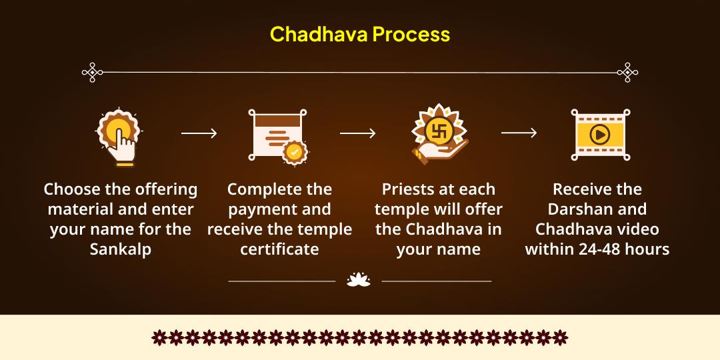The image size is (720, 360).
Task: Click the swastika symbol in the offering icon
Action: [439, 128]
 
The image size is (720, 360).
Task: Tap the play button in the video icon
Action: [599, 134]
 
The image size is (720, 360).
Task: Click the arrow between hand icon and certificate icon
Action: [199, 133]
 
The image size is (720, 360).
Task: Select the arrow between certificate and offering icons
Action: [357, 133]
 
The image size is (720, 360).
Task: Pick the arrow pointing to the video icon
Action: [519, 133]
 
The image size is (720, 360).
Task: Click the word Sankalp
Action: [120, 249]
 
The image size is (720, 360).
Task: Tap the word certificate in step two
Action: [279, 249]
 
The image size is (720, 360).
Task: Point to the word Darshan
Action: [597, 209]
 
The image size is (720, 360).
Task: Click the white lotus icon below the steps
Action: [359, 281]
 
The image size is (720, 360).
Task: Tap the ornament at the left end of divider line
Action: [92, 72]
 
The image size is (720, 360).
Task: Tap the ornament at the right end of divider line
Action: [627, 72]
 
